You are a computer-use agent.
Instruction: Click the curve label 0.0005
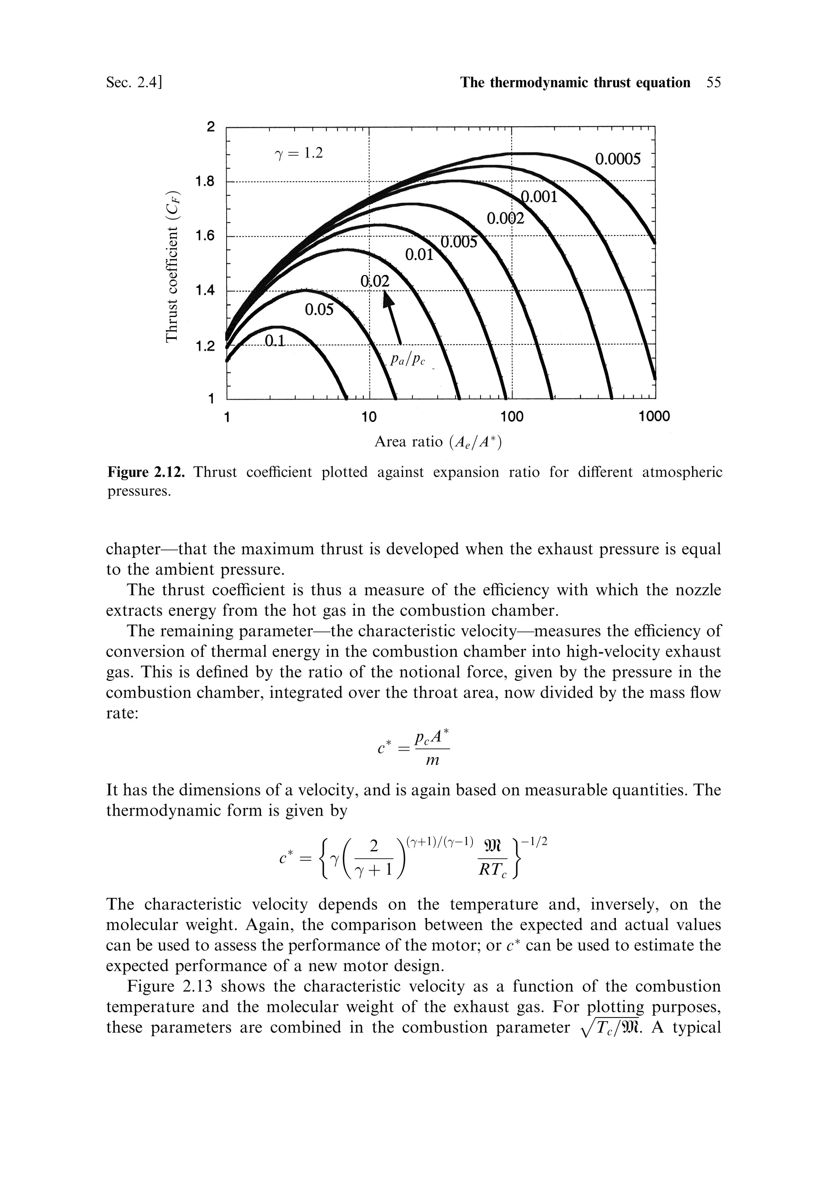[617, 159]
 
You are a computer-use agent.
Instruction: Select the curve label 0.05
[319, 310]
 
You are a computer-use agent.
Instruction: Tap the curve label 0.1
[275, 341]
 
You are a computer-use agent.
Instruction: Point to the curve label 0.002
[506, 219]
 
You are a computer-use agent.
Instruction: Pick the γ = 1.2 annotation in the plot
[299, 153]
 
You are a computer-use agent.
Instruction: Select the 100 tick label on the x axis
[512, 416]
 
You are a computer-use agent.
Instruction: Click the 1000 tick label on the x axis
[654, 416]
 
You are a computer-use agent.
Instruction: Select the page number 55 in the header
[713, 82]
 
